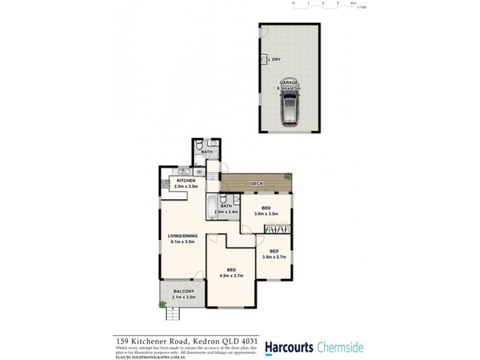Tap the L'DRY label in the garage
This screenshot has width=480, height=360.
[x=275, y=59]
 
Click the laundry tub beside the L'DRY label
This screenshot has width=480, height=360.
[x=264, y=59]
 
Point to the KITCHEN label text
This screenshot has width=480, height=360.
[x=185, y=181]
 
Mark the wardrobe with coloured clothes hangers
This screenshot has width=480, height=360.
[x=277, y=229]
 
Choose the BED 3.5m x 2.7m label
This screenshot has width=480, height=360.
[x=274, y=254]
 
